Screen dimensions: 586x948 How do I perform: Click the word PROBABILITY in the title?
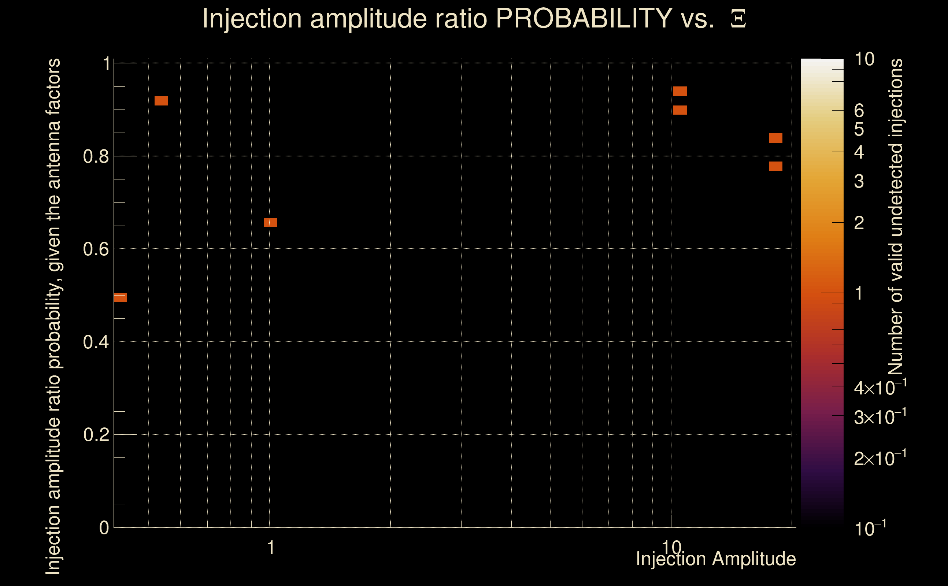[584, 19]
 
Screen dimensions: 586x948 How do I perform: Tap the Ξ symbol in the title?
[738, 19]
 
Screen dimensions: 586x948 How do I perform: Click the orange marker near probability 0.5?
[121, 298]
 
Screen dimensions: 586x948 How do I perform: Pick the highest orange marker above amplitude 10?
[680, 92]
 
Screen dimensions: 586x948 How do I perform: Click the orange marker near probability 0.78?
[775, 166]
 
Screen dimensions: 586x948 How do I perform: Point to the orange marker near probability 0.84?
[775, 138]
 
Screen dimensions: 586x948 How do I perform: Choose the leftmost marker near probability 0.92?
[161, 101]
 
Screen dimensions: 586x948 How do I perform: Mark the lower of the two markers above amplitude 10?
[680, 110]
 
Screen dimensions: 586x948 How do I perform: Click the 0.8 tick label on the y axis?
[96, 157]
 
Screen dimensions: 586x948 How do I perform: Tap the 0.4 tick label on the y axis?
[96, 342]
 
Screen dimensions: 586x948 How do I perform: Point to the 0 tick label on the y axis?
[104, 528]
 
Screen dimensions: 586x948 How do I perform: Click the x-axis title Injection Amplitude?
[716, 559]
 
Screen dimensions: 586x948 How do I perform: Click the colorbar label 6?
[859, 111]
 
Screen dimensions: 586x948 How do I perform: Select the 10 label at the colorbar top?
[864, 60]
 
